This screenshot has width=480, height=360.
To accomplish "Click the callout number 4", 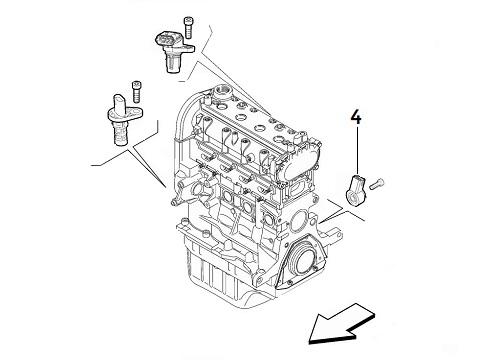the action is tap(356, 118).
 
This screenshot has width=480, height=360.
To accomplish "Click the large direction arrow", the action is tap(342, 324).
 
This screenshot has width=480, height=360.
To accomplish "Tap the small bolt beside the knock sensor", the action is tap(377, 184).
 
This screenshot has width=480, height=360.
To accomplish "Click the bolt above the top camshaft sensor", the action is tap(189, 27).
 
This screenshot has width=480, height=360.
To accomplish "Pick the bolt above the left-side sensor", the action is tap(136, 91).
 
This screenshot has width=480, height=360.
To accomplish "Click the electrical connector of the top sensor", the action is tap(168, 39).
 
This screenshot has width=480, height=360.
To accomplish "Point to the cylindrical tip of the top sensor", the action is tap(171, 64).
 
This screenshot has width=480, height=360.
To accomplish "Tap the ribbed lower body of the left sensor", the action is tap(120, 134).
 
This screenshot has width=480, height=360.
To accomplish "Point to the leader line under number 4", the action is tap(357, 149).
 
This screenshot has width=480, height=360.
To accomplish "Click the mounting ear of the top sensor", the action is tap(188, 48).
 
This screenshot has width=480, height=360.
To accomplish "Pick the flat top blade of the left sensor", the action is tap(119, 102).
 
